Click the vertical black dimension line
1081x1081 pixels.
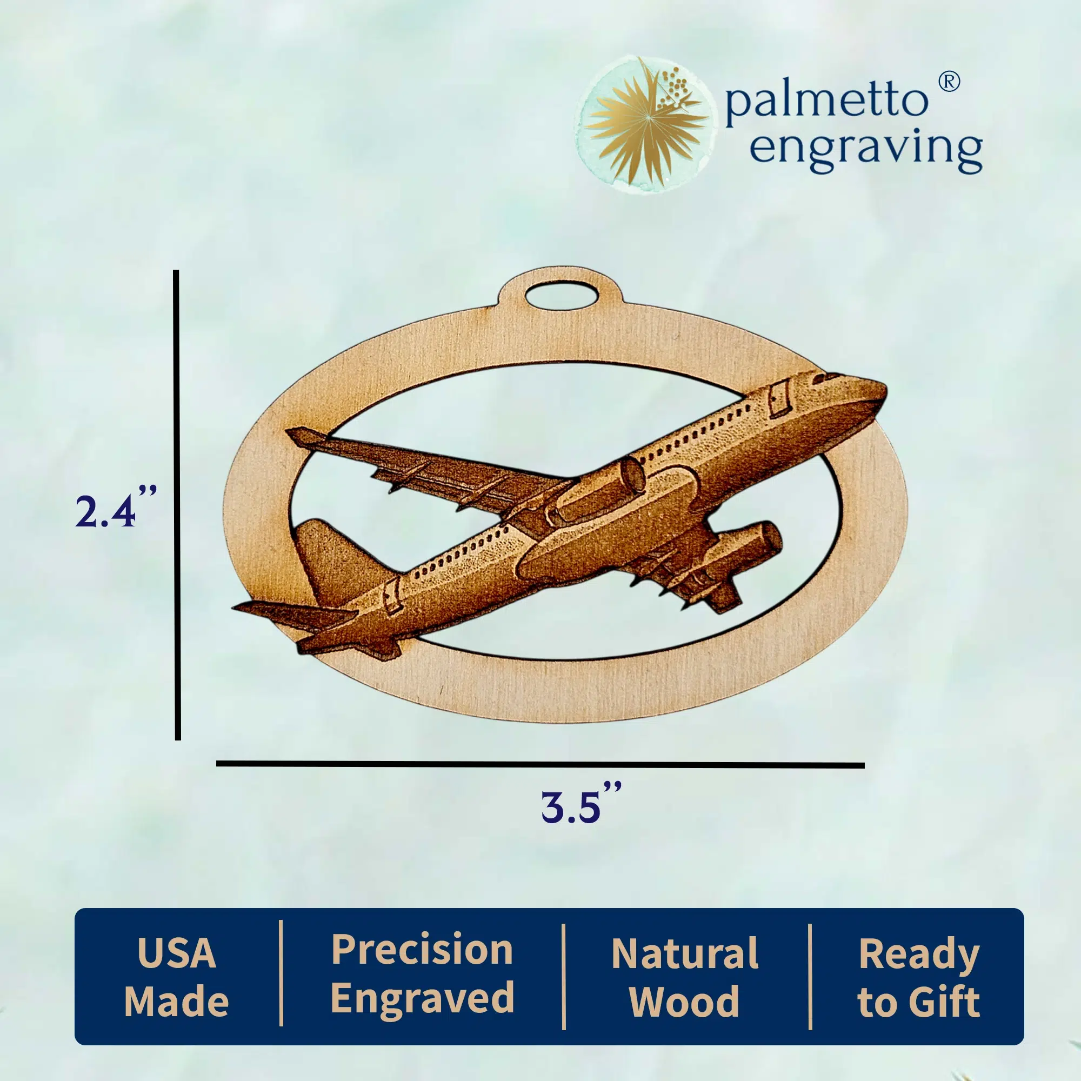pos(177,505)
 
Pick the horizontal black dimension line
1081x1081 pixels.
pos(540,764)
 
